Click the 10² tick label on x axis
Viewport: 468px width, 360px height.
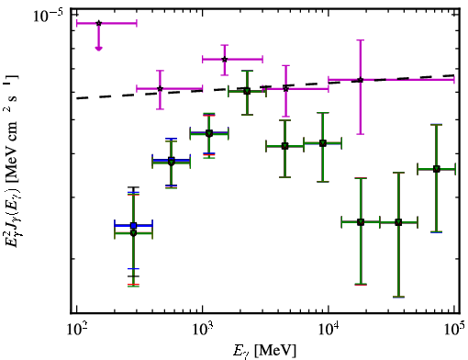[x=77, y=330]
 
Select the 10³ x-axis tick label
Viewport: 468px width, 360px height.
[x=203, y=330]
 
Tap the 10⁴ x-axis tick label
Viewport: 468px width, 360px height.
[x=329, y=330]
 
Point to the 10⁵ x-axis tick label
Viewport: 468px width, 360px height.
[x=454, y=330]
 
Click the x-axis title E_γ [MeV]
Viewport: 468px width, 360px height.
[x=264, y=351]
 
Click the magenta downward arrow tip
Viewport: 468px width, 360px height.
[x=98, y=50]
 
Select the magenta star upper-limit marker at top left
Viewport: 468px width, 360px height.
[x=98, y=23]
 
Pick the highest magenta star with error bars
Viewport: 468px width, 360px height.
[x=225, y=60]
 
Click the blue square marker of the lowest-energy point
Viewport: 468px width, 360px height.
[x=133, y=226]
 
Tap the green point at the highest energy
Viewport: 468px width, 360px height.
[x=437, y=169]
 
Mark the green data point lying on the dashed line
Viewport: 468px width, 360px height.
[x=247, y=91]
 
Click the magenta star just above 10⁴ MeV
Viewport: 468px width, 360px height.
[x=361, y=80]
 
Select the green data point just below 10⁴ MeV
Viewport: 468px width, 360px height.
[x=323, y=143]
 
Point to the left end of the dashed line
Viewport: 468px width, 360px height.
[x=77, y=98]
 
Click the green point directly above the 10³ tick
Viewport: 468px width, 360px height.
[x=209, y=133]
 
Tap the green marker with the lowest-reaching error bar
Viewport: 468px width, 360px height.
[x=398, y=222]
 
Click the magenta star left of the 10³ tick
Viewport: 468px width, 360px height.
[x=160, y=89]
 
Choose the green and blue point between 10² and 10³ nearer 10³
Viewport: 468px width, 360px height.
[x=172, y=162]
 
